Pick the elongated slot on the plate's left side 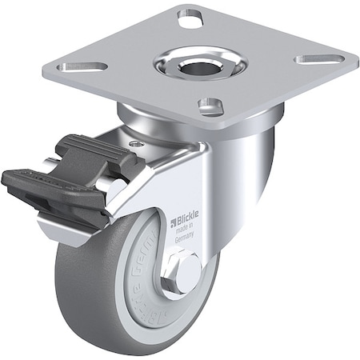pos(86,66)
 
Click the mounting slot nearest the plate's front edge pos(210,106)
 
